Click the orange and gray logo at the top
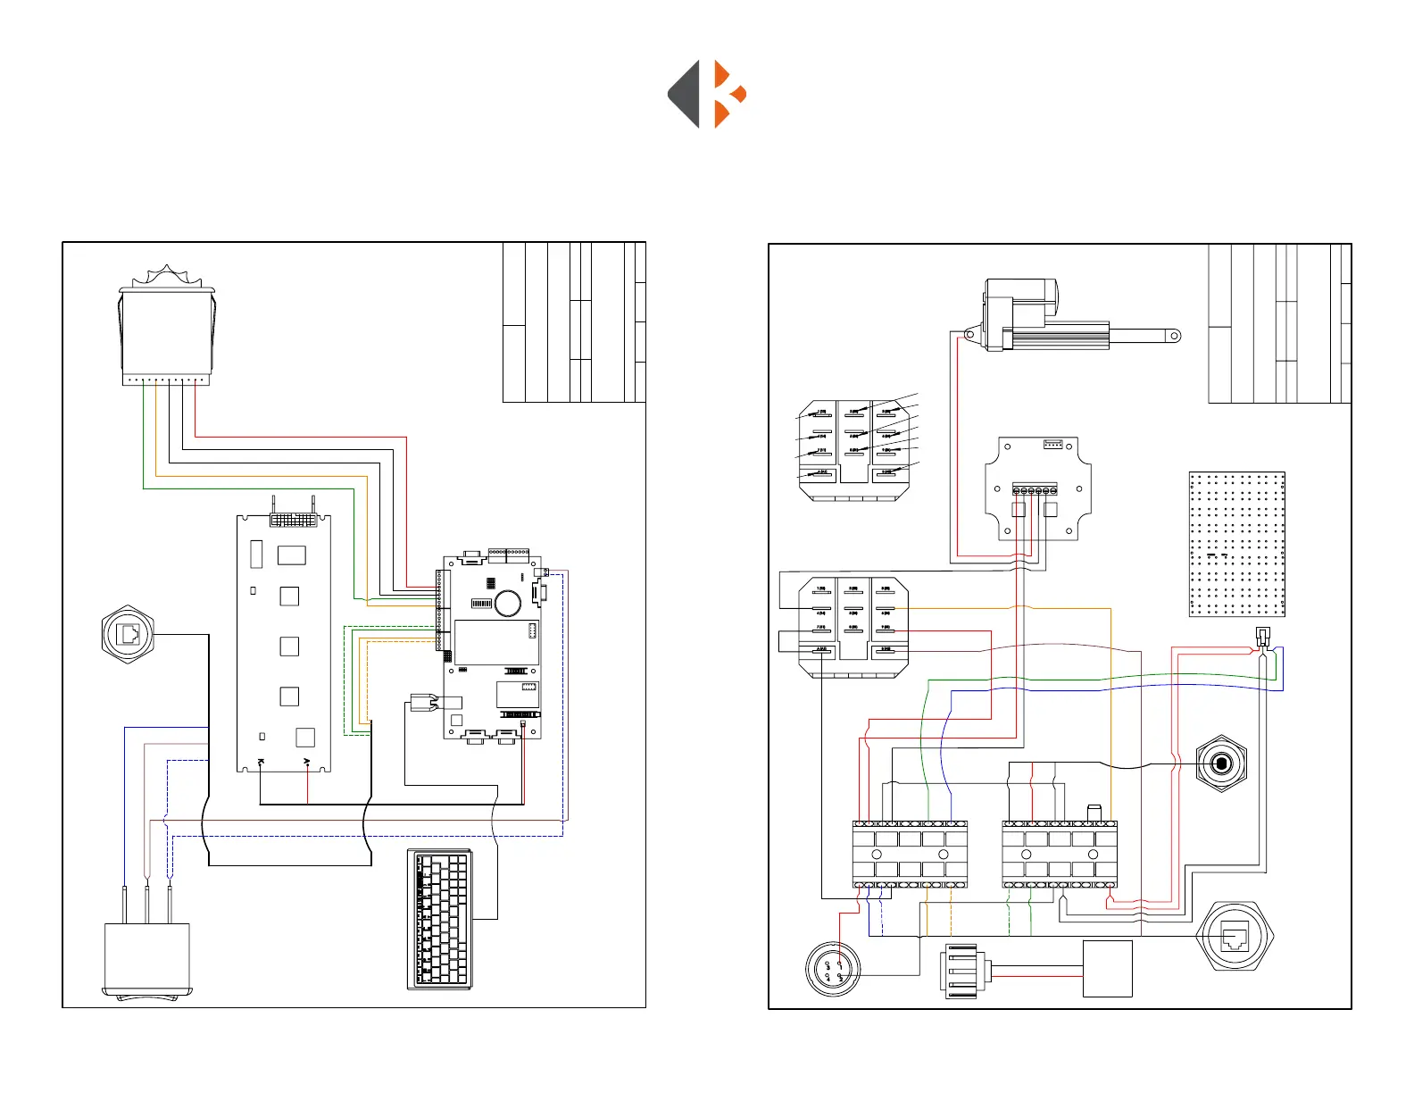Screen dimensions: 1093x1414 tap(707, 95)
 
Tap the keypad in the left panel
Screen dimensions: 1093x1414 tap(440, 920)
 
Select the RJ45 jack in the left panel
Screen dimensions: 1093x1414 tap(129, 635)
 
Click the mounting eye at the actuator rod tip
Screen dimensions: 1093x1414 tap(1175, 337)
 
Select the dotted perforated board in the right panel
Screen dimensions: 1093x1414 tap(1237, 544)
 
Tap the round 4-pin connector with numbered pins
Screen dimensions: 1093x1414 tap(833, 970)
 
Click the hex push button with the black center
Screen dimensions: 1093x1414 tap(1220, 764)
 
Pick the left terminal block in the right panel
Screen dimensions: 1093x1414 tap(910, 855)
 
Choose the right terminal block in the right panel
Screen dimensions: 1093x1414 tap(1060, 855)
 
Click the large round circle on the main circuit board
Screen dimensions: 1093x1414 tap(508, 603)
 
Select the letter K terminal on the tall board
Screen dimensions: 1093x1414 tap(260, 762)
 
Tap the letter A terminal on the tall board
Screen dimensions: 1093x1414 tap(307, 762)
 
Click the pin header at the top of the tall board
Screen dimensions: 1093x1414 tap(293, 519)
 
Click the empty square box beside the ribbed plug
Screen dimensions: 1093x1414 tap(1107, 969)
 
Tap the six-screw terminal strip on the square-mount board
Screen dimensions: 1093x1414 tap(1035, 490)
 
